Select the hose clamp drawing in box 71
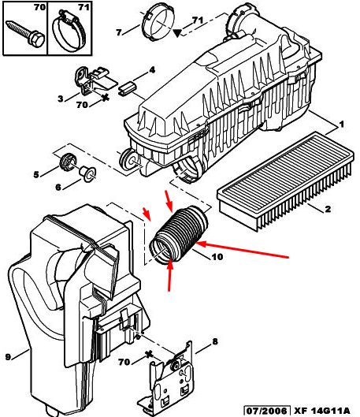(69, 31)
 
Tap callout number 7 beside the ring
(119, 32)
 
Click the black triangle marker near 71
(177, 33)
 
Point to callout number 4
(152, 70)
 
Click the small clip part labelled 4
(128, 88)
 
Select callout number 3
(61, 99)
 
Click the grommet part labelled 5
(69, 161)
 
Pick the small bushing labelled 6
(87, 173)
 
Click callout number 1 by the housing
(342, 124)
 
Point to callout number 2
(328, 209)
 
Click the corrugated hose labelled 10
(179, 235)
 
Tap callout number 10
(217, 257)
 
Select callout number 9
(8, 357)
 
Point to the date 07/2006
(267, 411)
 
